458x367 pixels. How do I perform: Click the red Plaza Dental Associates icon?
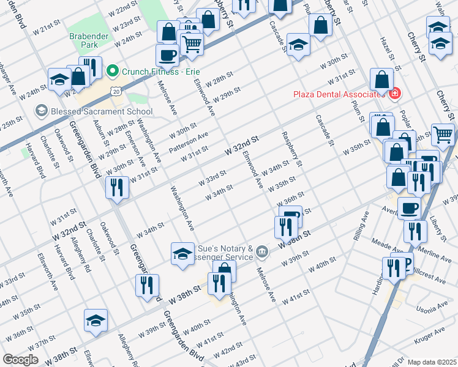click(x=395, y=94)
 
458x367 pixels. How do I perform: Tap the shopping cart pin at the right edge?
click(x=443, y=134)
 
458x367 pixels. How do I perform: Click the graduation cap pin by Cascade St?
click(x=298, y=44)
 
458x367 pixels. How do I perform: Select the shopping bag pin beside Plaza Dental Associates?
click(x=381, y=80)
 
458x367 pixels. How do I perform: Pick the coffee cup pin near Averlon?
click(x=409, y=208)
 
